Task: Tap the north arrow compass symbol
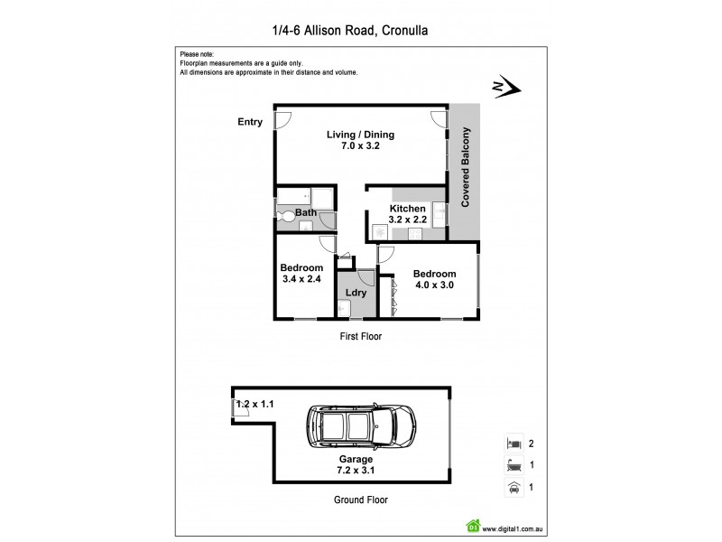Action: [503, 88]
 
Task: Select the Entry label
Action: [250, 122]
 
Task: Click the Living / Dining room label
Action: [360, 135]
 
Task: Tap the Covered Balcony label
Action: [466, 169]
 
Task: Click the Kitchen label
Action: [406, 209]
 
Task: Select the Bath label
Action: [306, 214]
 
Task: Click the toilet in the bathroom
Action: [285, 216]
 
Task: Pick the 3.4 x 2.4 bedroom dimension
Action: [301, 279]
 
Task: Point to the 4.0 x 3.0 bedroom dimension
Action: [434, 285]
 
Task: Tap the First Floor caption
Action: [360, 337]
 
